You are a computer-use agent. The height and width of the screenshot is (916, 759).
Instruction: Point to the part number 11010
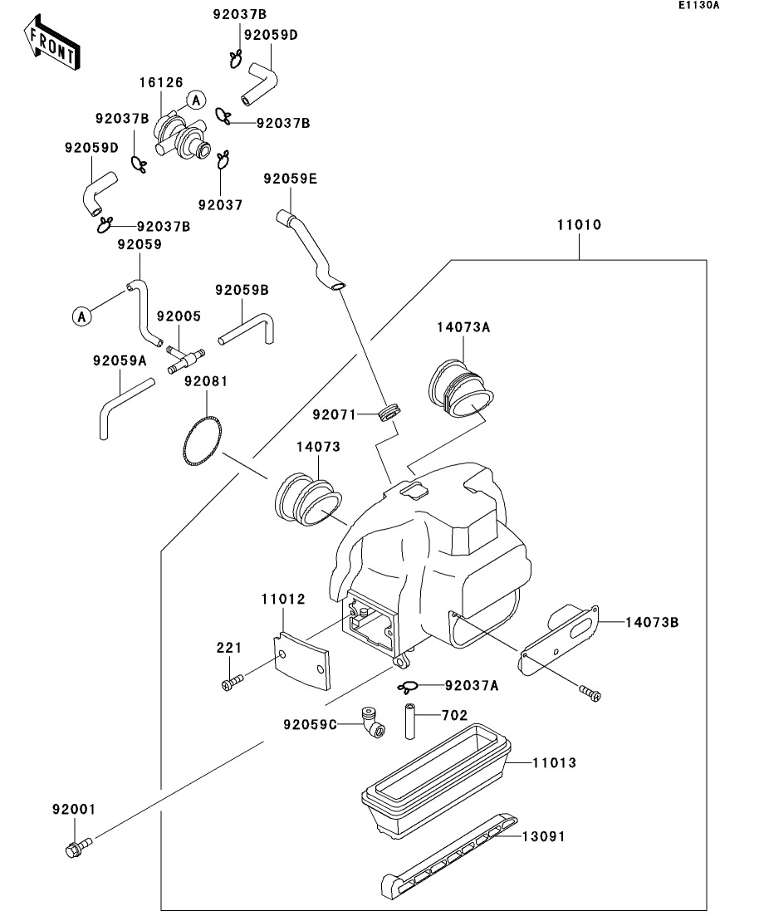[x=579, y=225]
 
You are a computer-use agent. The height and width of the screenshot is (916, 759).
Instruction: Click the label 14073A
[x=463, y=327]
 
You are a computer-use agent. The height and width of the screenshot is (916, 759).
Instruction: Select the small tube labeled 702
[x=409, y=719]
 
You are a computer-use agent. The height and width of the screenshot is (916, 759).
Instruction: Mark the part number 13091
[x=543, y=836]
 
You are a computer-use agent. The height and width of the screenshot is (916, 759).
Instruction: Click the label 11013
[x=554, y=762]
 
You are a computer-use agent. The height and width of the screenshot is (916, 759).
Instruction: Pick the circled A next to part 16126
[x=195, y=100]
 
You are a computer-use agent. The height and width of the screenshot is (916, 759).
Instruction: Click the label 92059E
[x=291, y=179]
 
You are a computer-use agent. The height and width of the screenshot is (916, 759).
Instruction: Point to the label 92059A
[x=120, y=360]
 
